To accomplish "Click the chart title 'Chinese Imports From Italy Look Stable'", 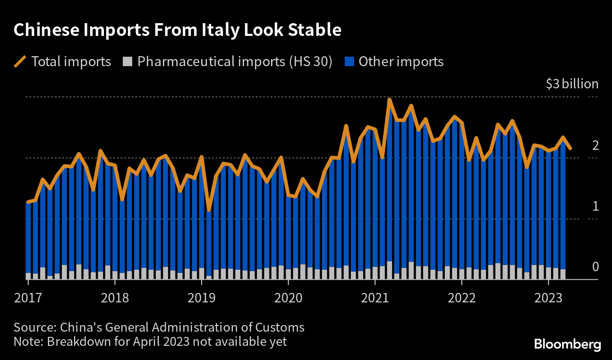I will point(178,30).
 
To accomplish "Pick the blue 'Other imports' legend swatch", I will point(349,62).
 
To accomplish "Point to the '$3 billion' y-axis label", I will point(572,84).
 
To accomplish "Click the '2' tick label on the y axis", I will point(595,146).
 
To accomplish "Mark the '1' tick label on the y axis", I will point(595,206).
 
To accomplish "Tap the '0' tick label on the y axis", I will point(595,267).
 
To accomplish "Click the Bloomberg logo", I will point(567,344).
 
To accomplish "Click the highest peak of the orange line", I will point(390,100).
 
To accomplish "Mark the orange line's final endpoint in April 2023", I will point(570,148).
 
